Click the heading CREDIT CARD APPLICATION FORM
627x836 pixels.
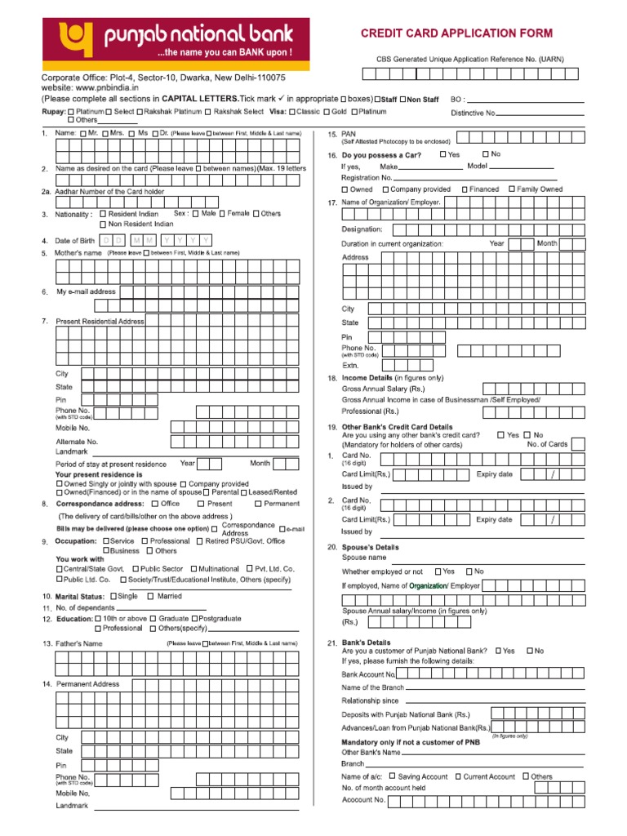[x=457, y=33]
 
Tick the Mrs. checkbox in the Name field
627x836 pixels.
[x=104, y=132]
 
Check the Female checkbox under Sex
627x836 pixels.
[x=221, y=213]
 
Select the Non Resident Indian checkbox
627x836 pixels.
[x=103, y=224]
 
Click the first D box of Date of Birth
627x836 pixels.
[x=107, y=240]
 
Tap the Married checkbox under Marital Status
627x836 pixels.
[x=150, y=596]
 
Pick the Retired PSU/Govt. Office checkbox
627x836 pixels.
[x=200, y=540]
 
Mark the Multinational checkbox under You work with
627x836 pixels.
[x=193, y=568]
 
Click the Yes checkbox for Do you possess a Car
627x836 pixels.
[x=442, y=153]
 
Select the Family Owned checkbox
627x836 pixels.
[x=511, y=189]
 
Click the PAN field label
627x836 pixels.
[x=350, y=133]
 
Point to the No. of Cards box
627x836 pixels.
[x=578, y=444]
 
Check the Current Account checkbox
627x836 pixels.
[x=457, y=776]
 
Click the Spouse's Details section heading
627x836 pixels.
[x=370, y=546]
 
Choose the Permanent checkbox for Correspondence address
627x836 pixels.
[x=258, y=504]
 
